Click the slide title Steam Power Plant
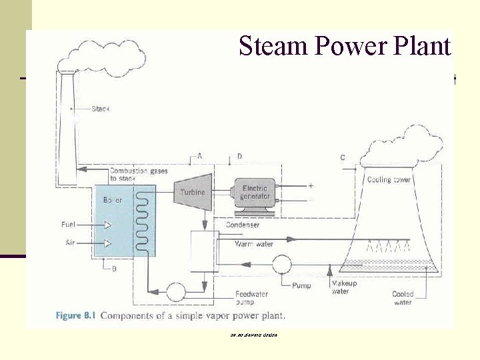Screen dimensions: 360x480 345,46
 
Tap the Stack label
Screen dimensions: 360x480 100,108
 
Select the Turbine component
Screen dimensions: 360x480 193,192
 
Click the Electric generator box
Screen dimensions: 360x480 256,192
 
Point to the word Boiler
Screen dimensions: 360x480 113,199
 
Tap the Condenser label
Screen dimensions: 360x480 242,225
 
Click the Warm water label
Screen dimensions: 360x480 254,244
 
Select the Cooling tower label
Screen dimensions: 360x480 389,179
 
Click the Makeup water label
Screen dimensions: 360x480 344,287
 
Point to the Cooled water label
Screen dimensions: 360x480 402,298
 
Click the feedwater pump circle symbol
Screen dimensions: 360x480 175,291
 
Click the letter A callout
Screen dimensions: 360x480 199,155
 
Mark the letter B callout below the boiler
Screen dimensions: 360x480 114,269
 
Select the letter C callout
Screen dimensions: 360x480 342,158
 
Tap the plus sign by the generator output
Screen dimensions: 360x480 311,185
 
